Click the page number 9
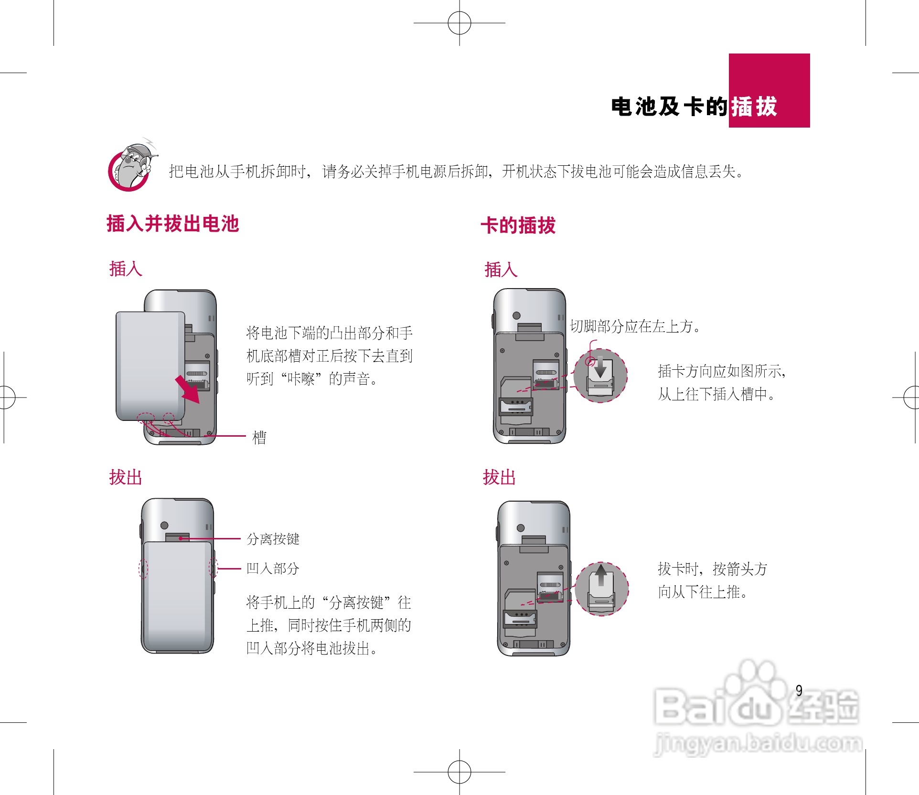(x=799, y=690)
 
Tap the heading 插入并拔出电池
(x=172, y=224)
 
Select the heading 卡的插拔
(x=518, y=225)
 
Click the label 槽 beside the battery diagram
(x=259, y=437)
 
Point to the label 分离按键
(x=273, y=539)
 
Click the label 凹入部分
(x=272, y=569)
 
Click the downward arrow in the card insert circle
(x=600, y=367)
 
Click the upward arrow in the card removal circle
(x=601, y=574)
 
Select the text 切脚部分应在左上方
(x=635, y=326)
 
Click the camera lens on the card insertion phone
(x=516, y=315)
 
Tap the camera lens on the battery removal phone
(x=164, y=525)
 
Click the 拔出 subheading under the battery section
(x=126, y=477)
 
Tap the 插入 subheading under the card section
(x=501, y=269)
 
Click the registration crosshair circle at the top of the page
(x=459, y=22)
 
